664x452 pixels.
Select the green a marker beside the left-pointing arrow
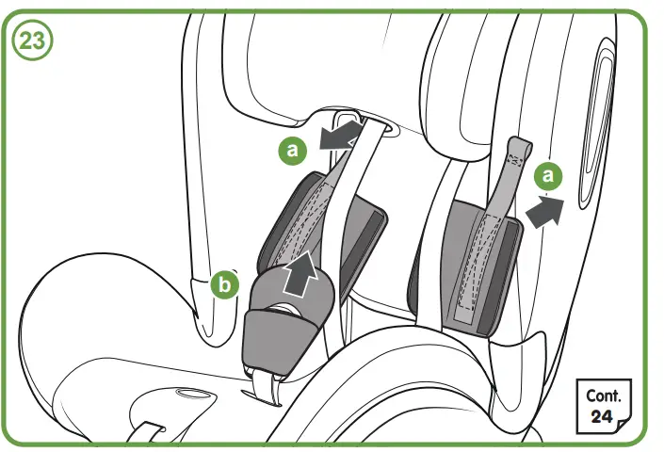click(x=292, y=148)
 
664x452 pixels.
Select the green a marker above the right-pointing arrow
click(x=548, y=176)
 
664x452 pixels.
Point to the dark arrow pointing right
click(x=543, y=210)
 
